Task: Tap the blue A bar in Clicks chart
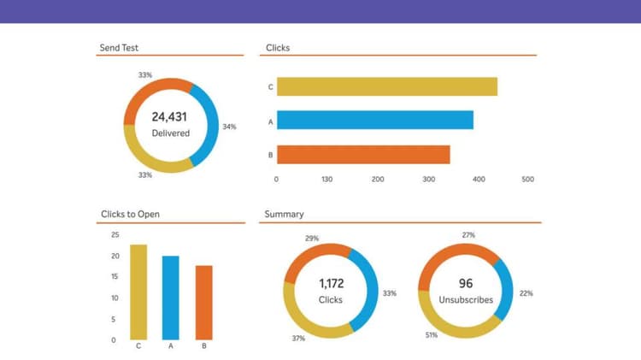[374, 121]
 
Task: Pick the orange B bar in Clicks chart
[362, 155]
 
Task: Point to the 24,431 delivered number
[169, 116]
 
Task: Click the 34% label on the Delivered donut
[229, 127]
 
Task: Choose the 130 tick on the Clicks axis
[326, 180]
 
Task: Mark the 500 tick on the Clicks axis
[527, 180]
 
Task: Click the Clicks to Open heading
[130, 214]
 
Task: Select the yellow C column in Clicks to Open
[138, 292]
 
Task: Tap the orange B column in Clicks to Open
[203, 302]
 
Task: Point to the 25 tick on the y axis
[115, 234]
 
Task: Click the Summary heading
[284, 214]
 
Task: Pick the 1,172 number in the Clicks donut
[330, 283]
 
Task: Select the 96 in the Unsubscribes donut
[466, 283]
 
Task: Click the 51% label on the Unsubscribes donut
[432, 335]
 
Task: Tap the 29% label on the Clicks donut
[312, 239]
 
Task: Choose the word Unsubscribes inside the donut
[466, 300]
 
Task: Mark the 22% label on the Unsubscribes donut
[526, 293]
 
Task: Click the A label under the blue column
[171, 346]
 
